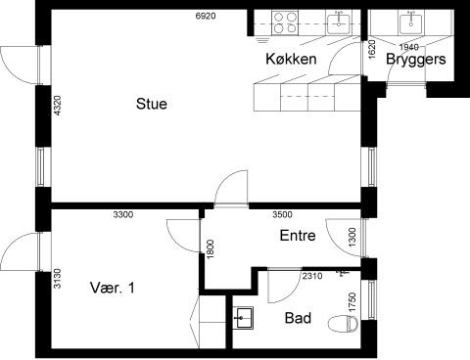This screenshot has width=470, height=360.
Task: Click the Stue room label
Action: pyautogui.click(x=152, y=104)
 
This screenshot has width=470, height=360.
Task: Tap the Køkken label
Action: pyautogui.click(x=291, y=59)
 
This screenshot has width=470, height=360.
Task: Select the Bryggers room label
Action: pyautogui.click(x=416, y=60)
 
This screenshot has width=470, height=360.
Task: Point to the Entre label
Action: pyautogui.click(x=298, y=236)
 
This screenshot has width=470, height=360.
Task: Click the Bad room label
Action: pyautogui.click(x=298, y=318)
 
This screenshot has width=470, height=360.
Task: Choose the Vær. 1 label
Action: pyautogui.click(x=112, y=288)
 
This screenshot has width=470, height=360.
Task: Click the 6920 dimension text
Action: pyautogui.click(x=206, y=16)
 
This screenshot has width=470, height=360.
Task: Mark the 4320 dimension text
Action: pyautogui.click(x=57, y=106)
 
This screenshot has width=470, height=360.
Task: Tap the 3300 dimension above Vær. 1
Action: pyautogui.click(x=123, y=214)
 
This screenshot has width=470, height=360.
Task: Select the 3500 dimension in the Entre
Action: pyautogui.click(x=282, y=214)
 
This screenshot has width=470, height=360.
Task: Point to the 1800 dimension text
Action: pyautogui.click(x=211, y=249)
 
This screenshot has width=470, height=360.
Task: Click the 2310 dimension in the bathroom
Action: pyautogui.click(x=312, y=276)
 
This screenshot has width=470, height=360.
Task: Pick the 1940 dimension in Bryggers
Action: pyautogui.click(x=409, y=47)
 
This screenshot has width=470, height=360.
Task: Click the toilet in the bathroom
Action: pyautogui.click(x=343, y=324)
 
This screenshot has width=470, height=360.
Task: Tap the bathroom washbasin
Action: pyautogui.click(x=243, y=317)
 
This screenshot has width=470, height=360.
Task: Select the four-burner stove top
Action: pyautogui.click(x=285, y=22)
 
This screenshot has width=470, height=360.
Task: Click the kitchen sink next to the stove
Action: pyautogui.click(x=339, y=23)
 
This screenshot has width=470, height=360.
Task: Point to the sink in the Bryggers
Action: pyautogui.click(x=410, y=23)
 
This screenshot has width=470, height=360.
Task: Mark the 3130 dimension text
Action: pyautogui.click(x=57, y=278)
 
